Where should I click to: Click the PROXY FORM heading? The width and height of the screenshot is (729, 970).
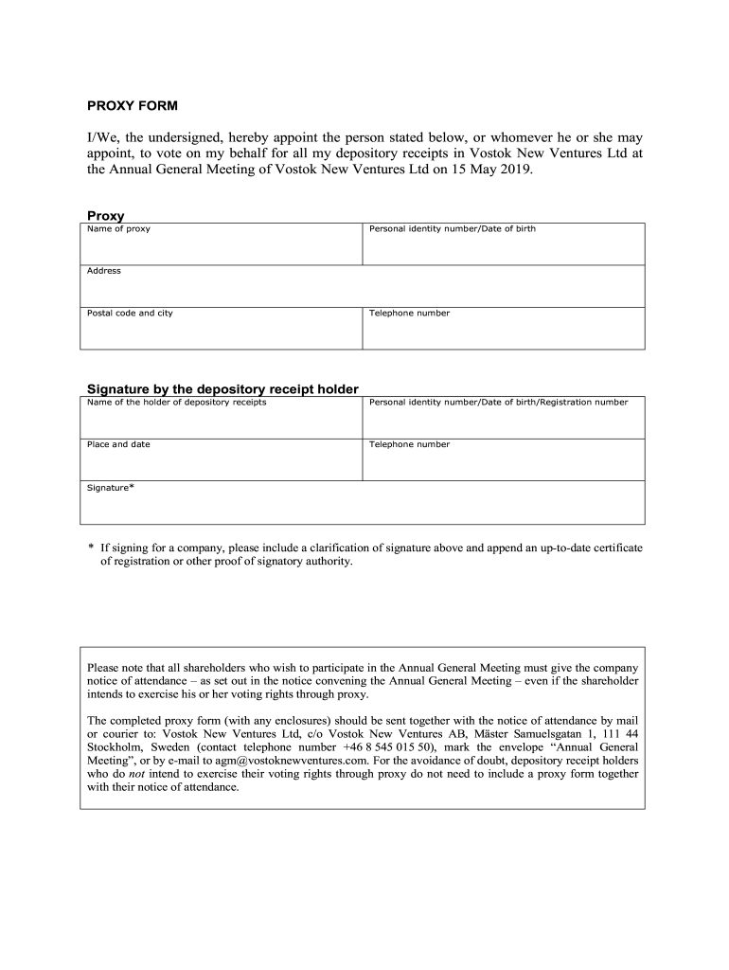tap(132, 104)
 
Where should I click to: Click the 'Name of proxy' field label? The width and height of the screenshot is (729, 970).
tap(118, 229)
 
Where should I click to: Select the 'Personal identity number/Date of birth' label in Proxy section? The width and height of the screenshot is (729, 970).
tap(452, 229)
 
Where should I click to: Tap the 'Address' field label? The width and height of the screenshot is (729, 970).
tap(104, 271)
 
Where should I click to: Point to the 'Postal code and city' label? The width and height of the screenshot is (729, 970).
tap(130, 313)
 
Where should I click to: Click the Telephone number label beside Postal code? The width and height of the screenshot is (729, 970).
tap(409, 313)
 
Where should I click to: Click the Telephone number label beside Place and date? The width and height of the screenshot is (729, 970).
tap(409, 444)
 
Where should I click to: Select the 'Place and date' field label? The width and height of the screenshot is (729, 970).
tap(118, 444)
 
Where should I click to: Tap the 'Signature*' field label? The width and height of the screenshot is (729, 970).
tap(110, 487)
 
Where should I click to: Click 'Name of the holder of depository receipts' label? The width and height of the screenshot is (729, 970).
tap(176, 403)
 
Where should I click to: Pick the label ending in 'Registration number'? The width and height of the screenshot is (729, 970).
tap(498, 403)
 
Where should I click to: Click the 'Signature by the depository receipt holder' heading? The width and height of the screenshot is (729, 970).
tap(222, 389)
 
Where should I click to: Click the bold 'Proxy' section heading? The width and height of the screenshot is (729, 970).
tap(106, 216)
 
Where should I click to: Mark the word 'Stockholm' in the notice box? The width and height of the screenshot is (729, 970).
tap(113, 746)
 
